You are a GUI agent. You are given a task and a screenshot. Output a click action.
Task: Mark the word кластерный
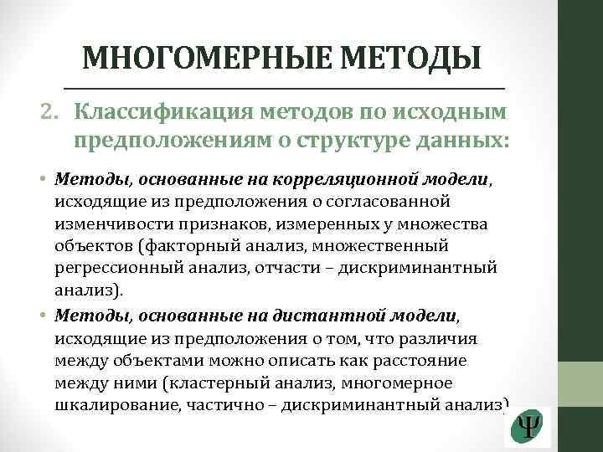tap(209, 383)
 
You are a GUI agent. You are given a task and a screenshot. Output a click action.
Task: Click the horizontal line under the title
tap(285, 88)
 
